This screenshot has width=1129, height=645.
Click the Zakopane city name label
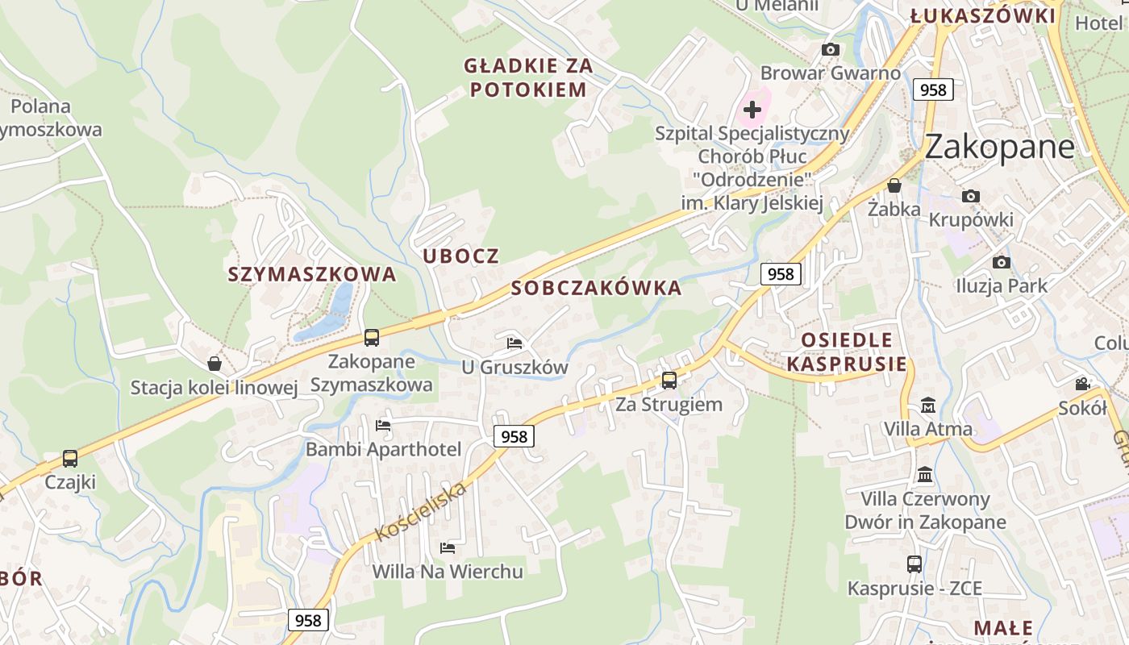click(x=999, y=147)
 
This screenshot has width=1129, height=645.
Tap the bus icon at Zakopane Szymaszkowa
click(x=371, y=337)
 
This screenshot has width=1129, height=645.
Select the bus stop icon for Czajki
click(x=70, y=458)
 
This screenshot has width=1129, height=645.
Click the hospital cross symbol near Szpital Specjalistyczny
click(x=752, y=109)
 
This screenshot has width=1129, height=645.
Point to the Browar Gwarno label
click(x=830, y=73)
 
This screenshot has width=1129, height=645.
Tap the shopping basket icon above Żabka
click(x=894, y=185)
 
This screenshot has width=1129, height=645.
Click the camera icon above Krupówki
click(x=971, y=196)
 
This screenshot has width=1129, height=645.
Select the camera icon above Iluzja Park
click(x=1001, y=262)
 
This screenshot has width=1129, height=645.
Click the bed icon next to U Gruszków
click(x=515, y=343)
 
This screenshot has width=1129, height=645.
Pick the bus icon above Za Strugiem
click(x=669, y=380)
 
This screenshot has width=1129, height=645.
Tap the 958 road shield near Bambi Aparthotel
click(x=514, y=436)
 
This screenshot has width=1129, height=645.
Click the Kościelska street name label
click(x=420, y=511)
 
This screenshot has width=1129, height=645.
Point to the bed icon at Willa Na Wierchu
click(x=448, y=548)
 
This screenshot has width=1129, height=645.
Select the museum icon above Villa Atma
click(x=927, y=405)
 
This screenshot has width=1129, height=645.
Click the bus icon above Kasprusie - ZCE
click(x=914, y=564)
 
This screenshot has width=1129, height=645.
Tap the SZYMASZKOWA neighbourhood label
click(x=312, y=274)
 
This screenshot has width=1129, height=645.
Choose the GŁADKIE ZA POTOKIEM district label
click(x=528, y=77)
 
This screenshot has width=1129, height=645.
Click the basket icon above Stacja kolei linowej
click(x=215, y=364)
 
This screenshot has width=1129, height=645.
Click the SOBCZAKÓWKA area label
click(x=596, y=288)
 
